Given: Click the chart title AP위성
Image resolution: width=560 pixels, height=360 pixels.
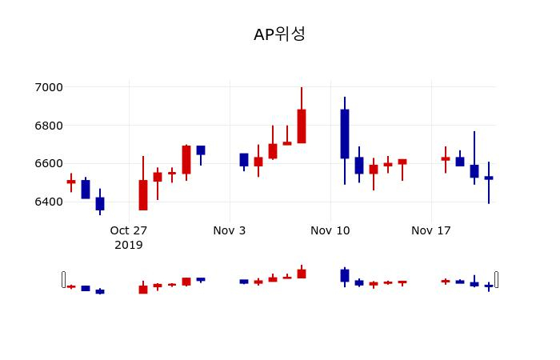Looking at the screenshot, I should tap(279, 34).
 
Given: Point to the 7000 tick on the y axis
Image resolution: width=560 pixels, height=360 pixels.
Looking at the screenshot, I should tap(48, 87).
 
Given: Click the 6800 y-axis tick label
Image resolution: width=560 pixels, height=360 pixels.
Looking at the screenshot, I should tap(48, 126).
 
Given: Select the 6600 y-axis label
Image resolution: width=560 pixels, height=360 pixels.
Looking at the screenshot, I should tap(48, 163).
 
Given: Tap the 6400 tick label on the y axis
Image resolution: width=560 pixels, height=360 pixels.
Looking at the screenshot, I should tap(48, 202).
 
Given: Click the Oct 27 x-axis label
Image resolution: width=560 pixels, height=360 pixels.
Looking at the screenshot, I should tap(129, 230).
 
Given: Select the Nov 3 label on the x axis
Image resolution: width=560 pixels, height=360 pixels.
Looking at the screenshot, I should tap(230, 230).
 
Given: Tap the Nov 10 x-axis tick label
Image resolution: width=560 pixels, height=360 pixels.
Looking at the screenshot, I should tap(330, 230).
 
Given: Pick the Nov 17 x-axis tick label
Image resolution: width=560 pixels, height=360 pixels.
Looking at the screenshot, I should tap(431, 230).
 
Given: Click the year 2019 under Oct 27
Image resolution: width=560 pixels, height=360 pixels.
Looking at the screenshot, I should tap(129, 245).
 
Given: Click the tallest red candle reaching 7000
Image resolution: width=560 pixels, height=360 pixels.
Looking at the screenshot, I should tap(302, 126).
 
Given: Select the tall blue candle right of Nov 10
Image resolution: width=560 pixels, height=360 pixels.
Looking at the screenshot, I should tap(345, 134).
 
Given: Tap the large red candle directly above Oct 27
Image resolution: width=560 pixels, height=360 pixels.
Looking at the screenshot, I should tap(143, 194).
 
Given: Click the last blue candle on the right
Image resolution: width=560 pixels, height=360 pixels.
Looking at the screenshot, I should tap(489, 178).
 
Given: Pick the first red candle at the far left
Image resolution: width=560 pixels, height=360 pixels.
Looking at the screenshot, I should tap(71, 182).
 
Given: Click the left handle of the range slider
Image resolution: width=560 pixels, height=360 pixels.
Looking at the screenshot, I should tap(63, 279).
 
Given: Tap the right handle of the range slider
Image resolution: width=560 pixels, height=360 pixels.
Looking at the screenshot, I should tap(497, 279).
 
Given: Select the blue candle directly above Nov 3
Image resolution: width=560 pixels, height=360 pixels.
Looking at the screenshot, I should tap(244, 160).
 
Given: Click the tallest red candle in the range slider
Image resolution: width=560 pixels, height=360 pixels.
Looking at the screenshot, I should tap(302, 274).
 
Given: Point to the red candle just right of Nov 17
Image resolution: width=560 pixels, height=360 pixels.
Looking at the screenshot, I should tap(446, 158).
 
